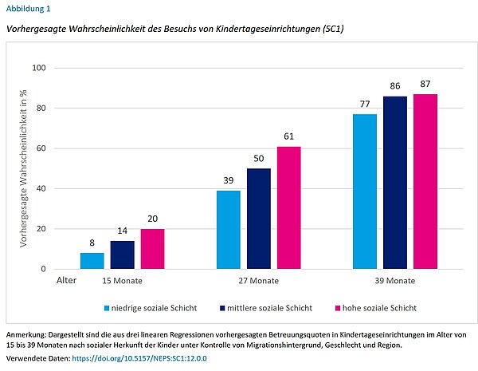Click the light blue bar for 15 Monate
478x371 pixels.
tap(92, 261)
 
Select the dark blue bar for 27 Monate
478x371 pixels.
tap(259, 219)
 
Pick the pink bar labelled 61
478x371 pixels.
tap(289, 207)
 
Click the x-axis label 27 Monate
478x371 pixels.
tap(258, 281)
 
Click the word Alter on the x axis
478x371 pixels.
tap(67, 281)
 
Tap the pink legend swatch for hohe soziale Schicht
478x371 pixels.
tap(338, 307)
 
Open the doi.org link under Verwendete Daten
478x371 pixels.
tap(139, 359)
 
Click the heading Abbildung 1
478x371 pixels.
tap(28, 9)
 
